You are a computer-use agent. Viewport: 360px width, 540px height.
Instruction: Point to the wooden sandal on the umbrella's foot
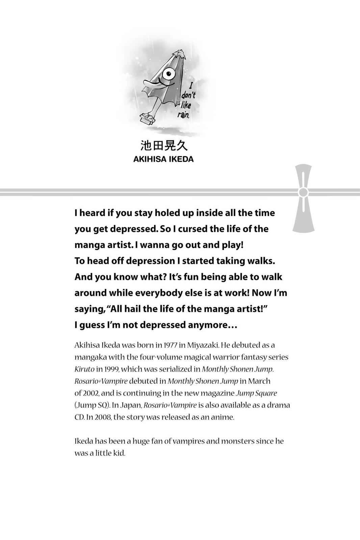(147, 118)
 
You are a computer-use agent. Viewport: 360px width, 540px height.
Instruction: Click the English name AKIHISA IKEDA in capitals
(163, 159)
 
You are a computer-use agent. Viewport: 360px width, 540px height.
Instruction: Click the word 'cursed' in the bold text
(192, 229)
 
